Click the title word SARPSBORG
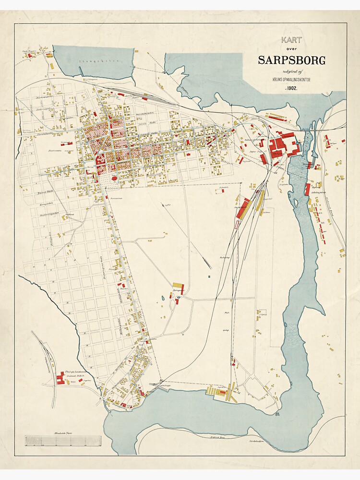point(291,60)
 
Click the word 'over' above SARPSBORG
point(291,50)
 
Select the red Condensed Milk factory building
point(60,378)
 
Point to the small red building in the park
point(115,178)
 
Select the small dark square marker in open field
point(209,276)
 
